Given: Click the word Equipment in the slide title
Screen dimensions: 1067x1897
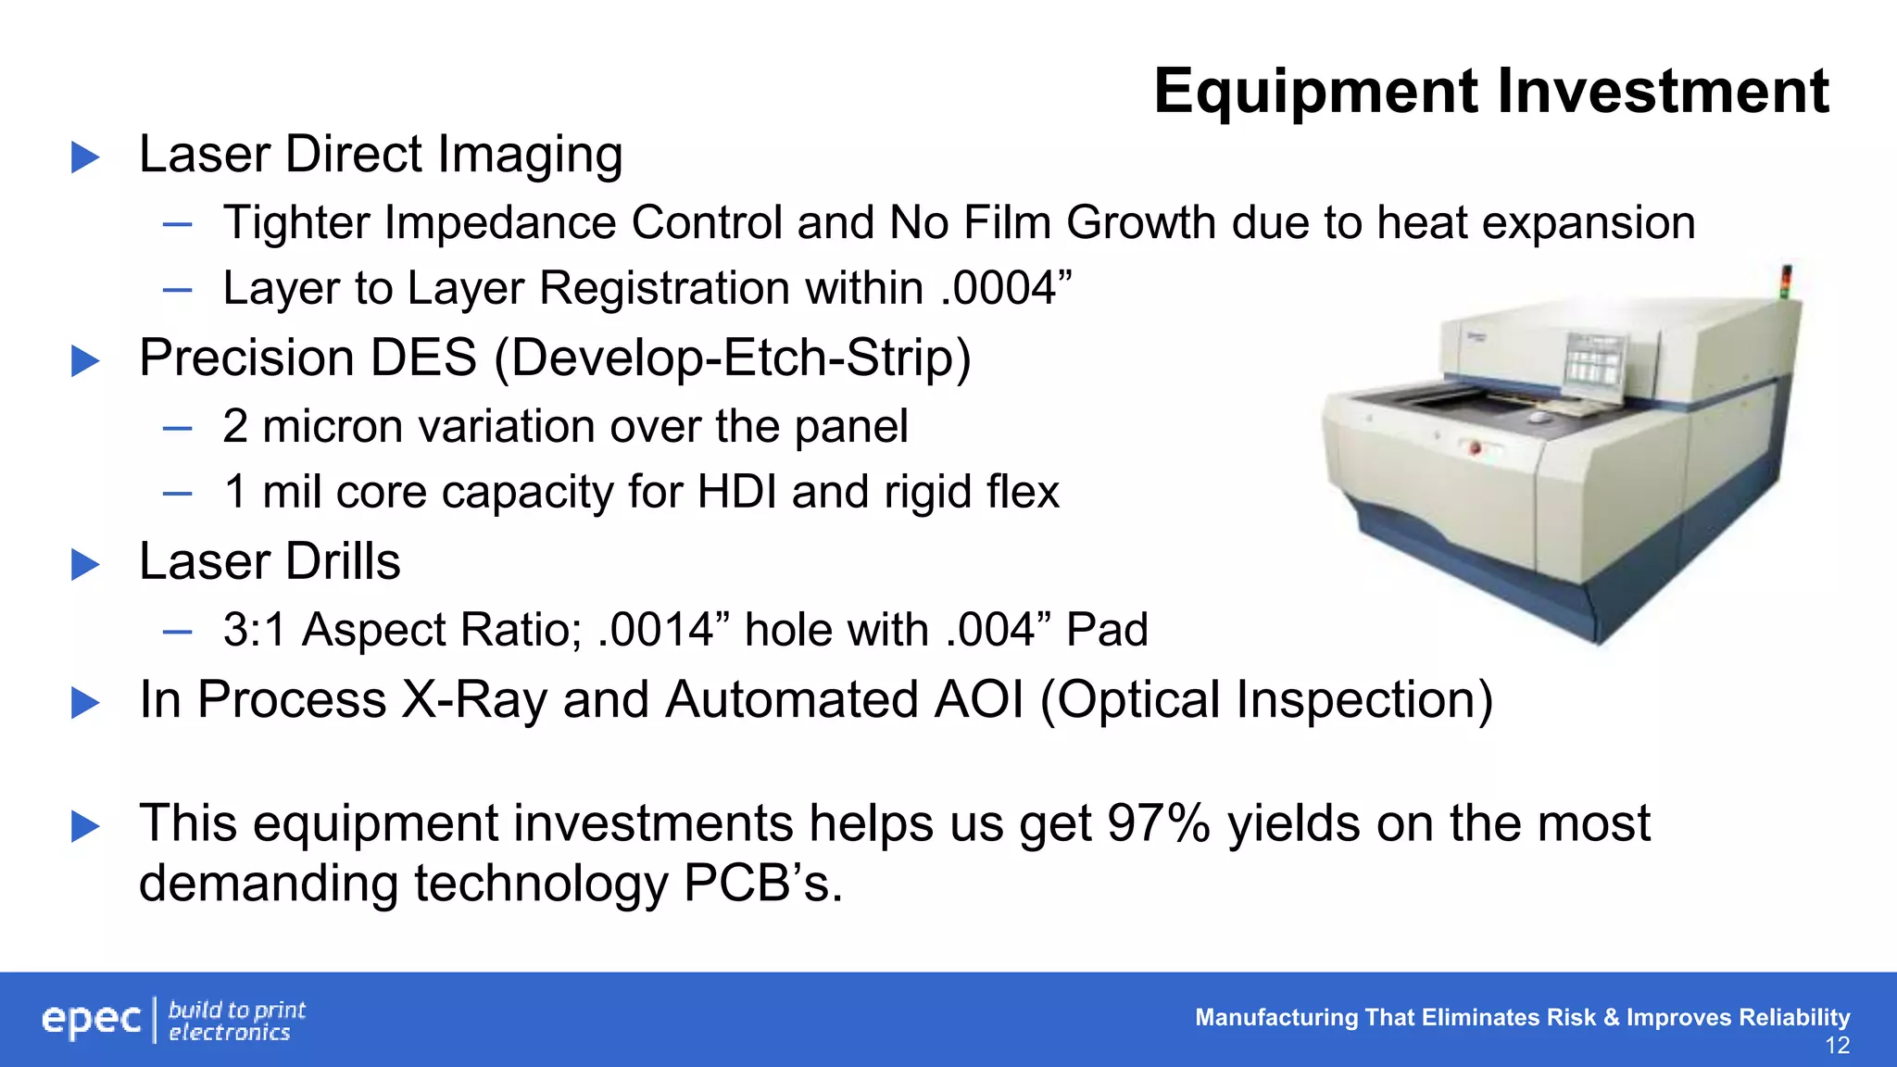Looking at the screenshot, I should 1316,93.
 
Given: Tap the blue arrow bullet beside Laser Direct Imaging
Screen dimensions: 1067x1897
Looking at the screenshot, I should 85,157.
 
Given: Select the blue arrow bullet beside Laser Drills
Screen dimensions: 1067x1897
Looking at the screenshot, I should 85,564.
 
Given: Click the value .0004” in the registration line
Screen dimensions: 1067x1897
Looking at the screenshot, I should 1006,288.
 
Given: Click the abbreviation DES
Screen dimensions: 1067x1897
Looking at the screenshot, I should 423,358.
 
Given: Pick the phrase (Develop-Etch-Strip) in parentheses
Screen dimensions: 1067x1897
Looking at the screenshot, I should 733,359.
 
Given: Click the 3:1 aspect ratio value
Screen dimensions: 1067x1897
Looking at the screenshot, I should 255,631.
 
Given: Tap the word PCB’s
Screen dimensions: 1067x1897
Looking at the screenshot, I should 763,883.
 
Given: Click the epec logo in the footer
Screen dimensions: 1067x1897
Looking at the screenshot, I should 92,1020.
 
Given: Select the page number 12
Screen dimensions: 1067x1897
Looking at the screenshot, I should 1837,1047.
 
